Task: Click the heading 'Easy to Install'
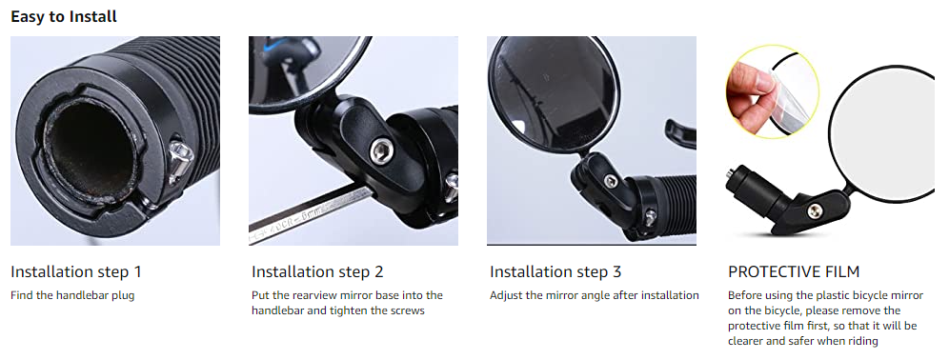[x=64, y=16]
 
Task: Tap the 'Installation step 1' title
[x=76, y=272]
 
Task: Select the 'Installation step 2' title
[x=317, y=272]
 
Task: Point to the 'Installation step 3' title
[x=555, y=272]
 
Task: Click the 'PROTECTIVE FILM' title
[x=794, y=272]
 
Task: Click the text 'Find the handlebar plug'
[x=72, y=296]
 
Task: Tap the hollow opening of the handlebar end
[x=89, y=151]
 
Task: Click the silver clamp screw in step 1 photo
[x=180, y=160]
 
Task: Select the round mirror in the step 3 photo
[x=555, y=94]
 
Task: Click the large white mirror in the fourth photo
[x=887, y=133]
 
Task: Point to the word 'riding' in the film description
[x=863, y=342]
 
